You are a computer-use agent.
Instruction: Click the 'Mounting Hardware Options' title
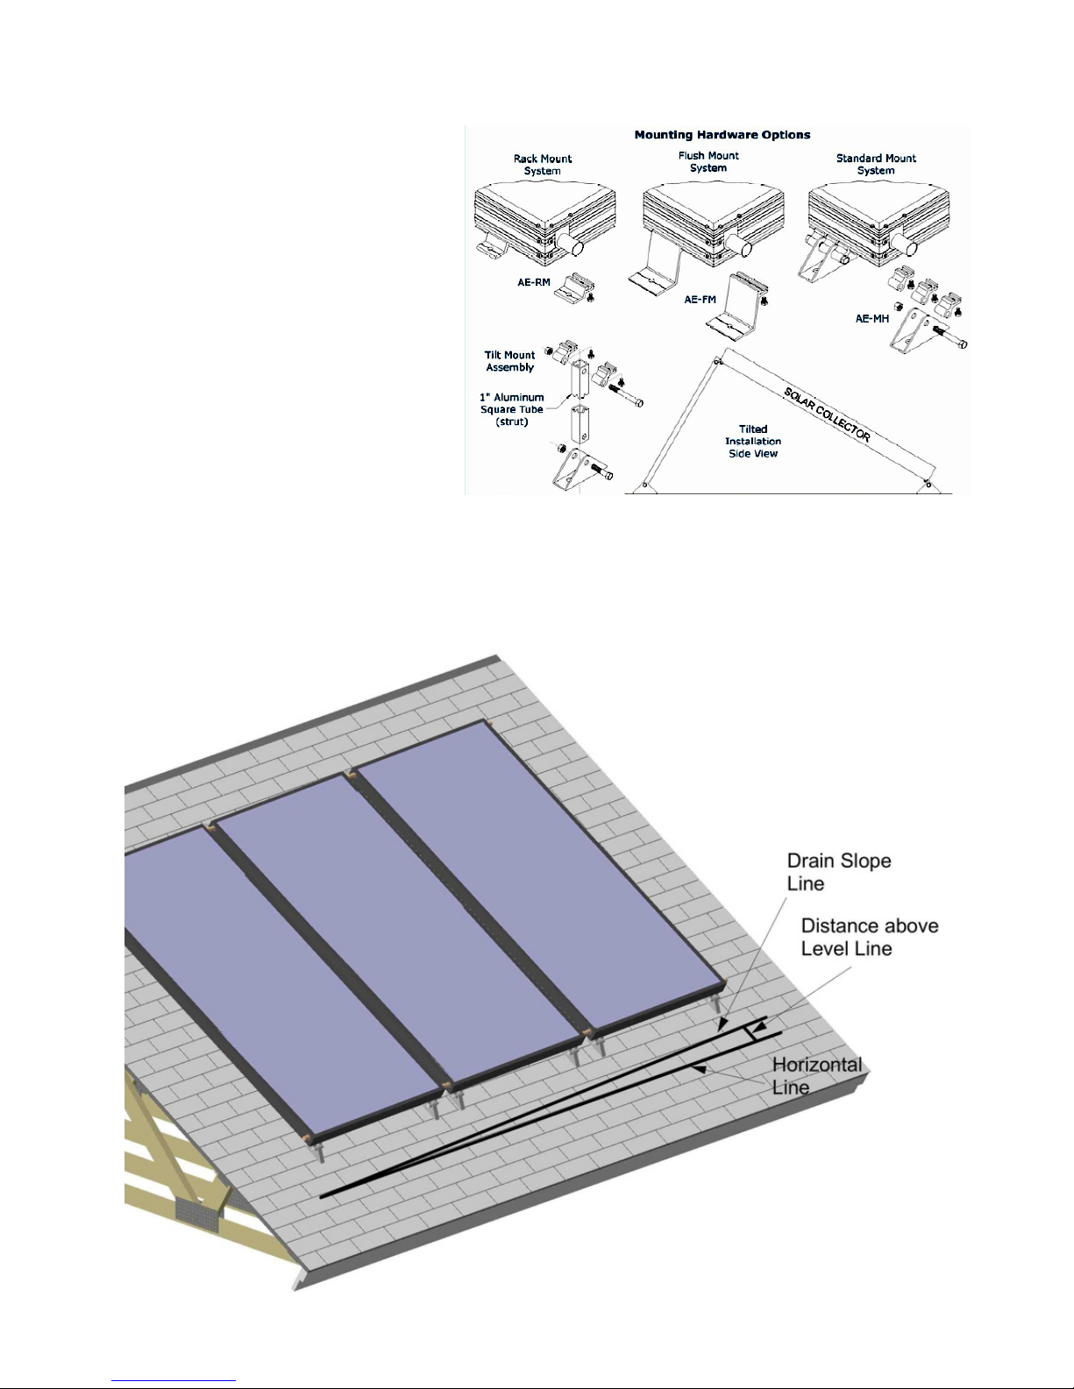point(722,135)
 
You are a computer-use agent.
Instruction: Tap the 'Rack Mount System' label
point(542,164)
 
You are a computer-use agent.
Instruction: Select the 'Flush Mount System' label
point(708,162)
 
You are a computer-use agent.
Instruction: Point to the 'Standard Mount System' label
point(876,164)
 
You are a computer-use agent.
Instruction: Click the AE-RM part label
point(534,282)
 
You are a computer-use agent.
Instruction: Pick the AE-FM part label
point(700,299)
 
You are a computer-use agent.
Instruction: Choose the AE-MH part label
point(872,318)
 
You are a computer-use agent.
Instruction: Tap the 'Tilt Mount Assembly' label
point(509,361)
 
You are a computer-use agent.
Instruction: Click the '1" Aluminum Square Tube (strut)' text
point(511,409)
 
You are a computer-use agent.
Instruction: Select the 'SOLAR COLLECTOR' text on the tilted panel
point(828,415)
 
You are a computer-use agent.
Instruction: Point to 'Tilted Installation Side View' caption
point(753,441)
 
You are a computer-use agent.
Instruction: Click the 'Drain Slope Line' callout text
point(838,872)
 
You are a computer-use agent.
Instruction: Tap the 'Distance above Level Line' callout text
point(870,937)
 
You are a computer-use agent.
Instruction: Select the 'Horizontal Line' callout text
point(816,1076)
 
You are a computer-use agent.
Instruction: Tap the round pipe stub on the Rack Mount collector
point(568,243)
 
